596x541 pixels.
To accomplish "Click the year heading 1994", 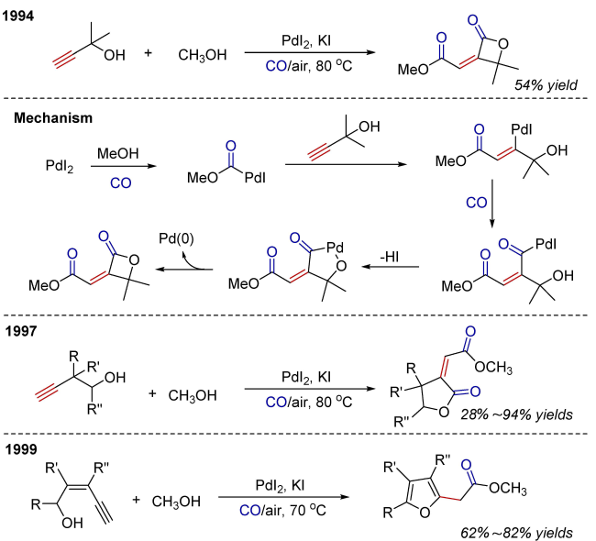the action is [17, 16].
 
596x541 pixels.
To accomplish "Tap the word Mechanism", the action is [53, 118].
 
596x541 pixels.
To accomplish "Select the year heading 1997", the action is [21, 331].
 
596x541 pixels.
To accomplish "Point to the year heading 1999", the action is [21, 449].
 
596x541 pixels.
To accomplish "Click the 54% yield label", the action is [546, 85].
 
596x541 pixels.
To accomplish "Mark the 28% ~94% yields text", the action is [516, 414].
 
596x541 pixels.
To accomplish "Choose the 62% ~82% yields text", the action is [516, 533].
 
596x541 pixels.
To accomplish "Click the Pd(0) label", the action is [176, 238].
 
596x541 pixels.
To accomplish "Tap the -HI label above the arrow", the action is [389, 257].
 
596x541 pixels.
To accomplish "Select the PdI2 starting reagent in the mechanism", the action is [60, 166].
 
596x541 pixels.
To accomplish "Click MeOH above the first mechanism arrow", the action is [118, 154].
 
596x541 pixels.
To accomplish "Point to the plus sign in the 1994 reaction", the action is [148, 53].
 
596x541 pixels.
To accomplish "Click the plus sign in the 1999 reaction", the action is [136, 500].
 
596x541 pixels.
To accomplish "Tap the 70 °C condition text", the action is [308, 510].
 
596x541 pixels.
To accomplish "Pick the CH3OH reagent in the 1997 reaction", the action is [193, 395].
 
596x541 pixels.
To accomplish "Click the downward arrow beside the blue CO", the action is [492, 204].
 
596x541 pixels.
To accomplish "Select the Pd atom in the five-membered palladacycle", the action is [335, 248].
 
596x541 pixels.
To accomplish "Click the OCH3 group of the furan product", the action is [508, 488].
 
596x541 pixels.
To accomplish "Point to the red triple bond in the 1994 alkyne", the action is [65, 61].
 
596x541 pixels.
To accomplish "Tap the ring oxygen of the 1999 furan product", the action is [425, 513].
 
